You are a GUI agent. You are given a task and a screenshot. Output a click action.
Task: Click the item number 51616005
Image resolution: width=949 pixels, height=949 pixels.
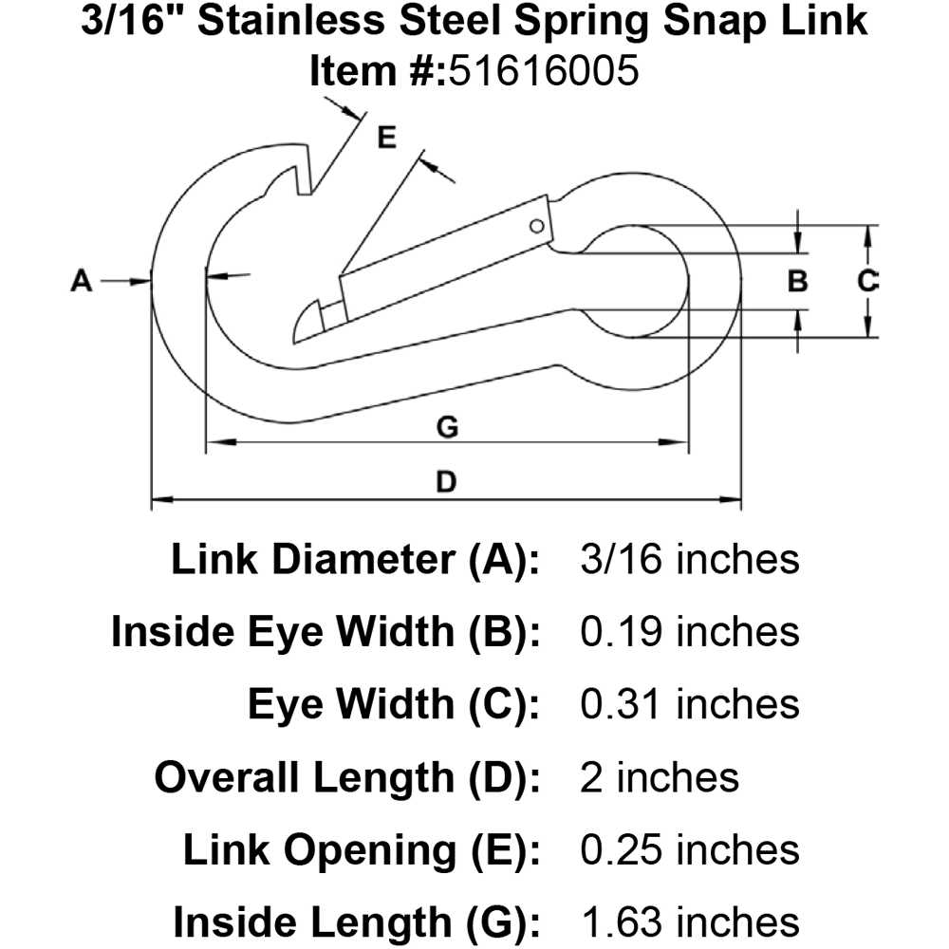click(x=538, y=71)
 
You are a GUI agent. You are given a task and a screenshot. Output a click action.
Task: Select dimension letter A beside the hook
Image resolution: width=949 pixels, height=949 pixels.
click(x=82, y=281)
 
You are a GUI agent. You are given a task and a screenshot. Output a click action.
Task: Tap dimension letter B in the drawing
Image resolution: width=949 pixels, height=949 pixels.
click(x=798, y=281)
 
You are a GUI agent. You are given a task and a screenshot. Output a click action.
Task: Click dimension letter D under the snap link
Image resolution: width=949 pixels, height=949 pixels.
click(x=445, y=482)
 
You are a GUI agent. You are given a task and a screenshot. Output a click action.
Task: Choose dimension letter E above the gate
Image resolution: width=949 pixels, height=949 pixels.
click(x=385, y=138)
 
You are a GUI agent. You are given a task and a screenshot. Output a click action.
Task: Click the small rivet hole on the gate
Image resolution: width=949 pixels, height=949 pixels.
click(x=536, y=226)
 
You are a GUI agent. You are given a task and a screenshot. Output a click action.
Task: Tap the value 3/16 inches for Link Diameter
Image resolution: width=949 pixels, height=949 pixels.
click(x=689, y=560)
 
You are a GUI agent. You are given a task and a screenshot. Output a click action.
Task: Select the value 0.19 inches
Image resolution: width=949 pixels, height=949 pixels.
click(x=689, y=632)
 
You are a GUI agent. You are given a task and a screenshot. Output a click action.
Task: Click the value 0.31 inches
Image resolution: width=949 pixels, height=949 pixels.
click(x=689, y=704)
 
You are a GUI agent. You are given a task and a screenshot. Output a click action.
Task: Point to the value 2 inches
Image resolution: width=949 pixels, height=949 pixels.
click(x=659, y=777)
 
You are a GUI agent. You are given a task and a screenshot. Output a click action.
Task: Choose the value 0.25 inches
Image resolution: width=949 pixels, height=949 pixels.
click(x=689, y=849)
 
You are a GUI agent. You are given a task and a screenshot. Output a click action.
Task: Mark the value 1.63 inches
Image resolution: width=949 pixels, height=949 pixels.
click(x=689, y=921)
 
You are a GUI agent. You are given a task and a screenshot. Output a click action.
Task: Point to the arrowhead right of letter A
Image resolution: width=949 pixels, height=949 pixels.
click(x=143, y=281)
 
